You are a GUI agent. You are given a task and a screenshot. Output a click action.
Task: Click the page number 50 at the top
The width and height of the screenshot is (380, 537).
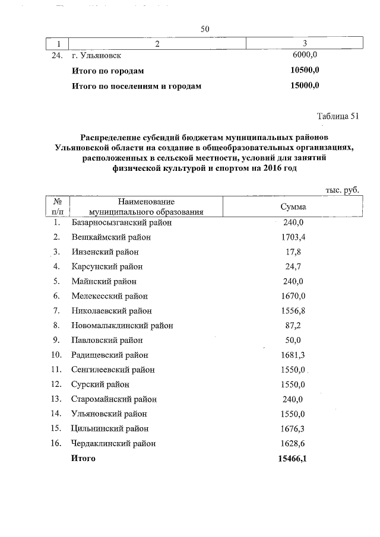(206, 28)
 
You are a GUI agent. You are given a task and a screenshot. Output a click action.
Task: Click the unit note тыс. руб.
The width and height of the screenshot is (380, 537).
(343, 190)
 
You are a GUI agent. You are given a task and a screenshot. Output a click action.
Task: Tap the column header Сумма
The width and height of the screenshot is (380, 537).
(293, 206)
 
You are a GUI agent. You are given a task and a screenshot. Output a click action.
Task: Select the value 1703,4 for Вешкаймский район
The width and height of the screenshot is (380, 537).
(293, 237)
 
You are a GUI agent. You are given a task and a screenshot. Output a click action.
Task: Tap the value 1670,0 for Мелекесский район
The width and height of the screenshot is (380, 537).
(293, 296)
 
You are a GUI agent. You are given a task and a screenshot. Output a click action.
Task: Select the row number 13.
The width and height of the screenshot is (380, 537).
(57, 399)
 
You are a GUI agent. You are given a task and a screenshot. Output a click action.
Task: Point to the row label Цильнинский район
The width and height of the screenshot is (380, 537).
(110, 428)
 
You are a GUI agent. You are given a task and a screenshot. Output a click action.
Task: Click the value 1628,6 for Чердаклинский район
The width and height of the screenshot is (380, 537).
(293, 443)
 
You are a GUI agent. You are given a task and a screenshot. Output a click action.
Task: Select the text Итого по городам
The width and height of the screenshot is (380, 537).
(107, 71)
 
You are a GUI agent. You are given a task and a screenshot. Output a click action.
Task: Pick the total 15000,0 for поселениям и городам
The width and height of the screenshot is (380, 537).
(303, 85)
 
